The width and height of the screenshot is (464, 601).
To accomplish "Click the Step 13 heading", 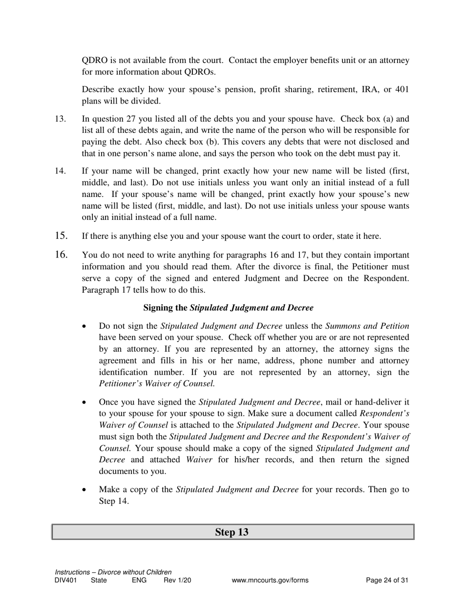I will point(232,532).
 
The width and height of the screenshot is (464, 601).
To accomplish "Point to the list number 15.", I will point(61,236).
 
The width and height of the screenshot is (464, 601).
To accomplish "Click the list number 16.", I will point(61,255).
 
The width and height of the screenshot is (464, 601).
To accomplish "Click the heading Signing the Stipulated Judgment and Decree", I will point(228,308).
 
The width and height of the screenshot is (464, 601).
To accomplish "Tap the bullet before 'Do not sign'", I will point(85,326).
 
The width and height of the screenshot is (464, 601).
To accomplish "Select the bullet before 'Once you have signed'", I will point(85,402).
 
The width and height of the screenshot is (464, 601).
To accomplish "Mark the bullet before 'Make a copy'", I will point(85,490).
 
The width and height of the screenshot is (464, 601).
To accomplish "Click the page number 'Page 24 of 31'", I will point(387,580).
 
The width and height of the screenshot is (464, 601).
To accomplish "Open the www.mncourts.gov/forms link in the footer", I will point(270,580).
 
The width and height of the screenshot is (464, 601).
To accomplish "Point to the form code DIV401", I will point(66,580).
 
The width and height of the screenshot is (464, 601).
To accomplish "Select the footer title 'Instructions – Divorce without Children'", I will point(113,572).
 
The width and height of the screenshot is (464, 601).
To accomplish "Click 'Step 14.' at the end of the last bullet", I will point(114,501).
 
